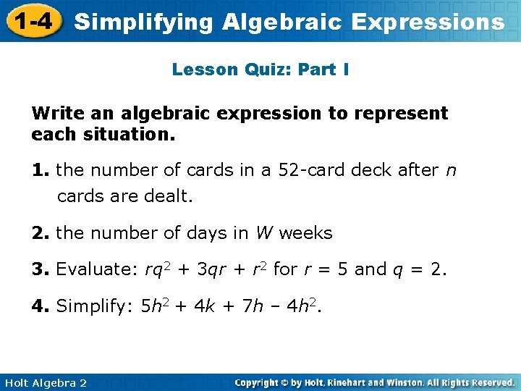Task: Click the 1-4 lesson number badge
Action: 30,20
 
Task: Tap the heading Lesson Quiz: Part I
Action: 260,70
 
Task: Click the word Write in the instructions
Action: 57,114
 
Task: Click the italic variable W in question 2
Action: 264,233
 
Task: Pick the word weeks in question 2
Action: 305,233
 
